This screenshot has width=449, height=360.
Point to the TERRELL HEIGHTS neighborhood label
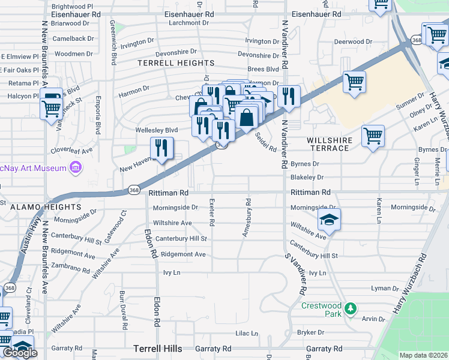(176, 63)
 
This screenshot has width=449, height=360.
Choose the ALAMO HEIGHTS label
(34, 206)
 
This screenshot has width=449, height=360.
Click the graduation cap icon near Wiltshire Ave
(329, 221)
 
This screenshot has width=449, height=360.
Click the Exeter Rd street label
(211, 214)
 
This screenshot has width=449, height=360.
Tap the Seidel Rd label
(266, 142)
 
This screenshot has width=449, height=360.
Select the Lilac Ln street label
(246, 333)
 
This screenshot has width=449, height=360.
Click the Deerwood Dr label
(354, 42)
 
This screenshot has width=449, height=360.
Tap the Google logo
(20, 353)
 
